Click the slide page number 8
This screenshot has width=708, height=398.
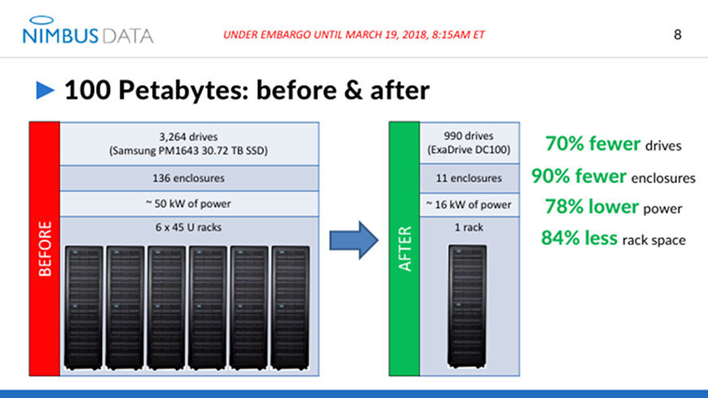click(678, 34)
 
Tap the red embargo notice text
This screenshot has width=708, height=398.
click(354, 35)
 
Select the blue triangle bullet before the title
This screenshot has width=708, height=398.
click(45, 91)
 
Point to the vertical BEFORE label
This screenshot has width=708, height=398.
click(45, 249)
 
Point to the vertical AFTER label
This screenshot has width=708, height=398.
click(405, 249)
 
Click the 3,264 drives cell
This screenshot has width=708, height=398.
click(189, 143)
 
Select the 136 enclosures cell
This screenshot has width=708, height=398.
click(189, 178)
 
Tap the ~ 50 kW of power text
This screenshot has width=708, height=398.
click(189, 203)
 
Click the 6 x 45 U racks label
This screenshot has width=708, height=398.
click(189, 227)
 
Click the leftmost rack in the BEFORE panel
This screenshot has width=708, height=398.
click(84, 306)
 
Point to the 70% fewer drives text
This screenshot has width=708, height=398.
click(612, 144)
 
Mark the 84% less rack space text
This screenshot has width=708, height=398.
click(612, 238)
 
